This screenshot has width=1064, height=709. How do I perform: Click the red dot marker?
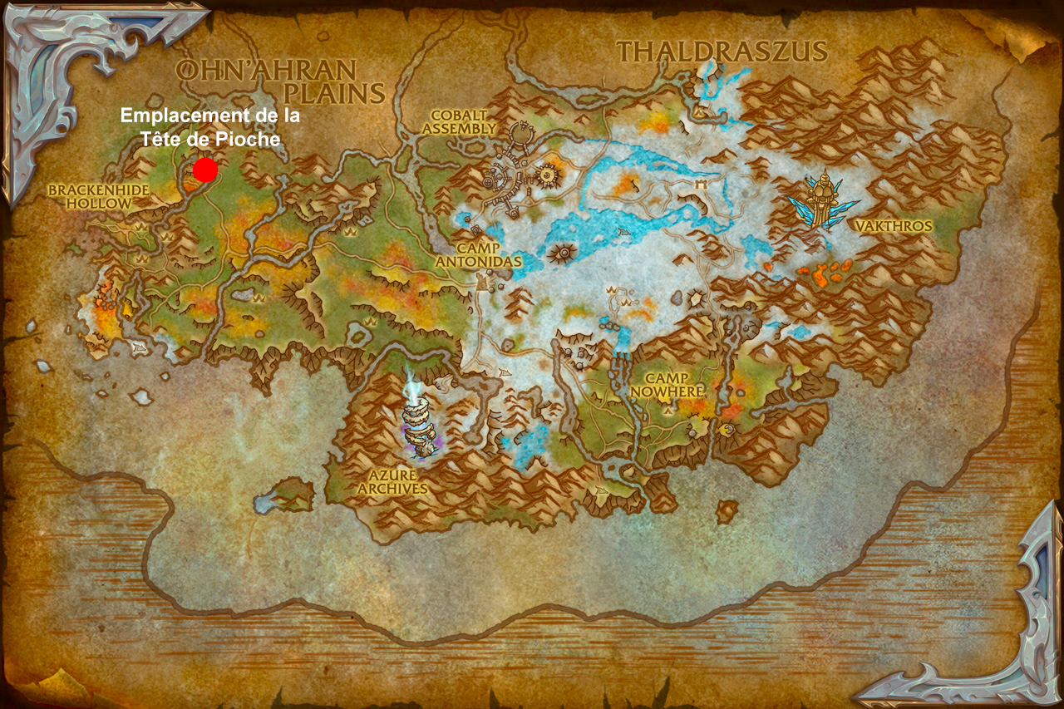coord(205,170)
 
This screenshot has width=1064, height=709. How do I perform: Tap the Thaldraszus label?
coord(722,52)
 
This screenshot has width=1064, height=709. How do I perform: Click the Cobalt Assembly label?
coord(459,121)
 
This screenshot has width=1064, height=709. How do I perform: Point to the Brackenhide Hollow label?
coord(98,196)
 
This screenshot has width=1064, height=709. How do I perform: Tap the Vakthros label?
coord(894,226)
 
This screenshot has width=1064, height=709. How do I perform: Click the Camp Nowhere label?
coord(667,384)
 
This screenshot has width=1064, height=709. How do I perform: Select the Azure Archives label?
coord(392,482)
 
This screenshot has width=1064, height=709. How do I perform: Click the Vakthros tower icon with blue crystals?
coord(823,200)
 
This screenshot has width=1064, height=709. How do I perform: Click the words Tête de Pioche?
coord(210,139)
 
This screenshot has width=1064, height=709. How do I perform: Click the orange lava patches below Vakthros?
coord(823,269)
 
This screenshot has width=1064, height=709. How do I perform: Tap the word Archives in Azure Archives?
coord(392,489)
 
